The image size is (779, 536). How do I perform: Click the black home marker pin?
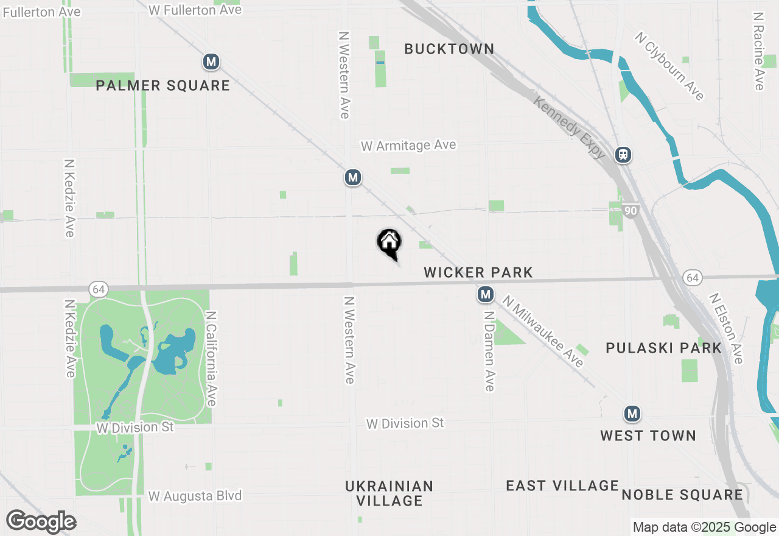[x=389, y=243]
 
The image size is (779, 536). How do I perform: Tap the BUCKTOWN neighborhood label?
[x=449, y=49]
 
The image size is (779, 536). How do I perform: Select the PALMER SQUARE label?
[x=163, y=85]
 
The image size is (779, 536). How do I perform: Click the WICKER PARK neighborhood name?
[x=478, y=272]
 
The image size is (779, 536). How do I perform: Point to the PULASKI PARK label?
[x=664, y=348]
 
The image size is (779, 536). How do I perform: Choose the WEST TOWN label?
[x=648, y=435]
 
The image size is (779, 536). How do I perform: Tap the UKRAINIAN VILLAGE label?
[x=389, y=493]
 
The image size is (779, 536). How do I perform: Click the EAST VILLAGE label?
[x=562, y=485]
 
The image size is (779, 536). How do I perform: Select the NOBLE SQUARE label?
[x=682, y=495]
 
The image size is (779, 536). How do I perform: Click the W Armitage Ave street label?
[x=408, y=146]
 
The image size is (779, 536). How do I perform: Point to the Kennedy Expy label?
[x=569, y=127]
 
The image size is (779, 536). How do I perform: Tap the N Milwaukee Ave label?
[x=543, y=331]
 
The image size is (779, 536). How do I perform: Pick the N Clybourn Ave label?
[x=669, y=66]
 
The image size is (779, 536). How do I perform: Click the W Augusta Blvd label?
[x=195, y=496]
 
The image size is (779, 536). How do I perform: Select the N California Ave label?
[x=211, y=359]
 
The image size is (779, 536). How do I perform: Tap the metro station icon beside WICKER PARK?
[x=485, y=295]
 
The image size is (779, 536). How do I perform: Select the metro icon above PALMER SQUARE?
[x=211, y=62]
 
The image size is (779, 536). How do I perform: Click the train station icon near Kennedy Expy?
[x=623, y=155]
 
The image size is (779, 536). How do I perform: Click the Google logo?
[x=41, y=522]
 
